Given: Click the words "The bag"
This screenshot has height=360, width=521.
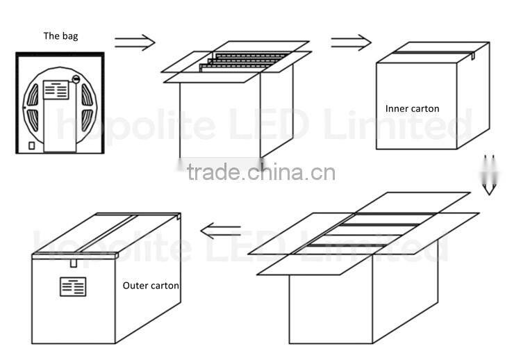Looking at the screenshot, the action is coord(60,36).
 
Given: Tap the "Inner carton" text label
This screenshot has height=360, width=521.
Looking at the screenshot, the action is coord(412,108).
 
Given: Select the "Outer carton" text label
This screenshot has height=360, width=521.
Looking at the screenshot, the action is coord(151,286).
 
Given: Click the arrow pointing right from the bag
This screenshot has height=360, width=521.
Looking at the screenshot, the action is coord(134,43).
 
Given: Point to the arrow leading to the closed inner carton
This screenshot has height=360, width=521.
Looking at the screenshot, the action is coord(351,42).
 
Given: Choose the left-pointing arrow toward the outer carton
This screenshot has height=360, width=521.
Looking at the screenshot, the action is coord(220,231).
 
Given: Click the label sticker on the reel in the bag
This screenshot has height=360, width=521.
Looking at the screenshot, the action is coord(56,90).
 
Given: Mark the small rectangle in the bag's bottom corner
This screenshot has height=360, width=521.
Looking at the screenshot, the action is coord(31,145).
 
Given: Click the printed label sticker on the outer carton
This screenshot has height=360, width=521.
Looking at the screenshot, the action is coord(72,287).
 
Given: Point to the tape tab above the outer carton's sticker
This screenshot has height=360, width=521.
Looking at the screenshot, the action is coord(73,263).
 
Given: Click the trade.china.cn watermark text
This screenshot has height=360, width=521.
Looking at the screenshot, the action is coord(261,172).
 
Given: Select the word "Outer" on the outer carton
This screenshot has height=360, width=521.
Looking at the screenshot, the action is coord(134,286).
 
